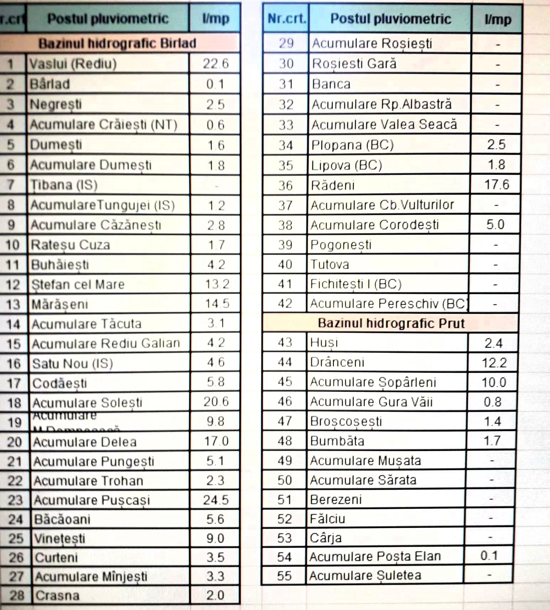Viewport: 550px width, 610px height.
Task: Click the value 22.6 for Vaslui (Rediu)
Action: [215, 64]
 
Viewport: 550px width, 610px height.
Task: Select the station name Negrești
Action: [56, 104]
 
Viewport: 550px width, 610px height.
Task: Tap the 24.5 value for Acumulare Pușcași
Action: [216, 500]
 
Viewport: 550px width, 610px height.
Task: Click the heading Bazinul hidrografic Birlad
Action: [117, 43]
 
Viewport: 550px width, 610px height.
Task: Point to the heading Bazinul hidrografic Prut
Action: [391, 323]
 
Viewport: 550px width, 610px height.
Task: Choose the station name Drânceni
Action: [337, 362]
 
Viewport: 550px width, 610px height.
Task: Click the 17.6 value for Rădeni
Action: [496, 184]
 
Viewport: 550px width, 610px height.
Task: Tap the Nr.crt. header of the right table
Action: [287, 18]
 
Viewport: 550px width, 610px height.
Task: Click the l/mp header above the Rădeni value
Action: [497, 19]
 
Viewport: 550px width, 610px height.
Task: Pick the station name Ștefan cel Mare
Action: [78, 284]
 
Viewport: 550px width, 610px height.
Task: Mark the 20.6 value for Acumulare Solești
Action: [216, 402]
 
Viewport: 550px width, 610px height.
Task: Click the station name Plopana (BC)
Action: [352, 145]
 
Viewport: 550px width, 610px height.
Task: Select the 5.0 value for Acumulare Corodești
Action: [495, 224]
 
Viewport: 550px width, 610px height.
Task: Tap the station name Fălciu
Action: [328, 519]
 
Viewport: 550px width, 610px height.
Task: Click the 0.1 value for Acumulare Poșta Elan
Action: [489, 556]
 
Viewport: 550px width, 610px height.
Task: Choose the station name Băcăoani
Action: [62, 519]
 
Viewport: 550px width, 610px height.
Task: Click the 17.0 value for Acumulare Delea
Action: [216, 441]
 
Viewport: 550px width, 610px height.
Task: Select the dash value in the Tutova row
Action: [496, 265]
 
